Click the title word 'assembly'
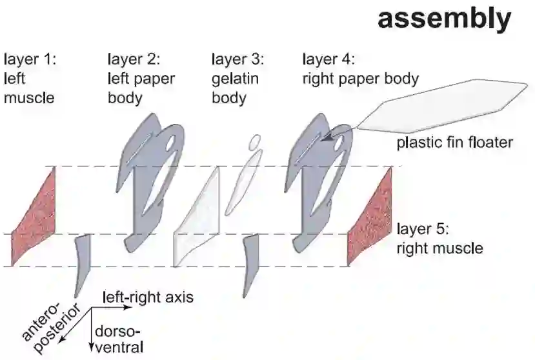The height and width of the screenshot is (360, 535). (x=443, y=19)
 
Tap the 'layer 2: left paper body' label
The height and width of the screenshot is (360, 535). (x=141, y=79)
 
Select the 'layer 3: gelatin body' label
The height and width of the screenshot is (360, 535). (x=237, y=79)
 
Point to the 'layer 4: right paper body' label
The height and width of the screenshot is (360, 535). (x=360, y=69)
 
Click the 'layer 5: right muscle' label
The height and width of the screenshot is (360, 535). (x=438, y=237)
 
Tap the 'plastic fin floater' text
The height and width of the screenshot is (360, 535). (x=454, y=142)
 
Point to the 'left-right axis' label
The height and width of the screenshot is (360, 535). (x=148, y=297)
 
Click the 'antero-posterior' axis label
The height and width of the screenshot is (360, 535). (x=48, y=326)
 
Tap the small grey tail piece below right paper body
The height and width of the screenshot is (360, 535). (x=250, y=265)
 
